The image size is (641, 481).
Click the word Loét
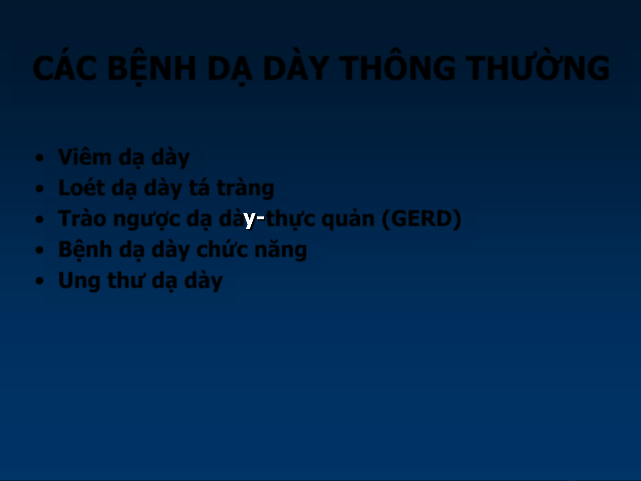tap(82, 187)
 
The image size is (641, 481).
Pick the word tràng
tap(245, 189)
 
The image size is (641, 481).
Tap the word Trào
tap(82, 218)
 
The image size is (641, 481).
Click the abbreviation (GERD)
tap(421, 219)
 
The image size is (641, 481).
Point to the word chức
tap(222, 250)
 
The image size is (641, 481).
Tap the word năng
tap(280, 251)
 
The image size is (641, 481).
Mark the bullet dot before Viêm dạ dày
tap(39, 158)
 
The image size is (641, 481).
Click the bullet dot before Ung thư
tap(39, 281)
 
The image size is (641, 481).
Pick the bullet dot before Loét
tap(39, 189)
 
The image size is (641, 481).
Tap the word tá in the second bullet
tap(199, 187)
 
